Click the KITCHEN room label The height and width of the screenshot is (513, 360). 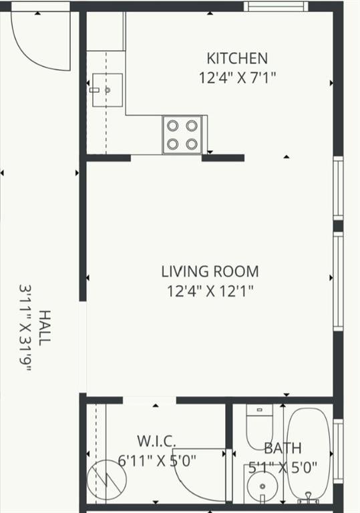(237, 58)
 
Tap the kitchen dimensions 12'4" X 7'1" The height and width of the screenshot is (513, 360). (238, 77)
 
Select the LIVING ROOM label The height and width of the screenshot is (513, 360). (210, 272)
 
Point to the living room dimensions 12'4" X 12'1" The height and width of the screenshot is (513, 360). (210, 291)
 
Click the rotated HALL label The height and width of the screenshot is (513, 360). (45, 328)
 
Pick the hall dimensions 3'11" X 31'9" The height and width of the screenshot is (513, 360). (25, 328)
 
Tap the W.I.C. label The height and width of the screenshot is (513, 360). (156, 441)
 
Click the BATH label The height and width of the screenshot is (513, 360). (283, 448)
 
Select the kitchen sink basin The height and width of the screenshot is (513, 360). (108, 90)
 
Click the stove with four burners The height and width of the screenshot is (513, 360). (182, 134)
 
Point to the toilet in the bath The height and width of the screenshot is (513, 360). (260, 427)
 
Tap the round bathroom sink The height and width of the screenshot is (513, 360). (262, 486)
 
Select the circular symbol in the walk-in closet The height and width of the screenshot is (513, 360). (107, 480)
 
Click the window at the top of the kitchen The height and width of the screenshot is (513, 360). (277, 6)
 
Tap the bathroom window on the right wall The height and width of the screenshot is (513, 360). (339, 452)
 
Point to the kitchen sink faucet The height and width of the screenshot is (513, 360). (95, 90)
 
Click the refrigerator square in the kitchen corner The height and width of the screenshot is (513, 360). (106, 31)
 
